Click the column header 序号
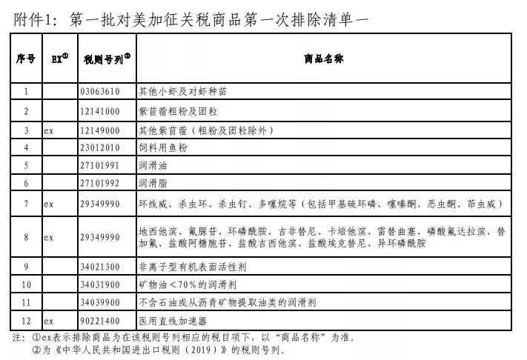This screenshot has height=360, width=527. [x=26, y=59]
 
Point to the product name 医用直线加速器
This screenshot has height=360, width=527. [x=173, y=321]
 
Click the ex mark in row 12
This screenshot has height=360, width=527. [x=48, y=321]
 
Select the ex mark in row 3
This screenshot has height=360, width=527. [x=48, y=130]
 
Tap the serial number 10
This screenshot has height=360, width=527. [x=26, y=284]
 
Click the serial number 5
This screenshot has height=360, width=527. [x=26, y=164]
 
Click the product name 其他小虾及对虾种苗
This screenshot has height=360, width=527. [x=183, y=92]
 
